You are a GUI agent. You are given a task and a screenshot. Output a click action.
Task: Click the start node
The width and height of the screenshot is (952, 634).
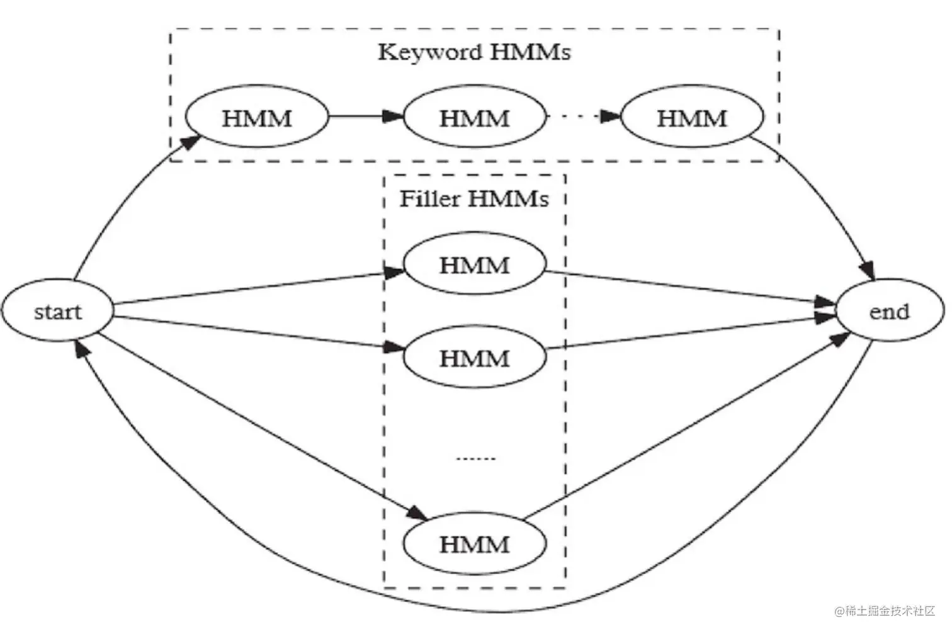click(x=58, y=312)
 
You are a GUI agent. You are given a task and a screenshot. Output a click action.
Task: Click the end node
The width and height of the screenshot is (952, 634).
click(x=890, y=312)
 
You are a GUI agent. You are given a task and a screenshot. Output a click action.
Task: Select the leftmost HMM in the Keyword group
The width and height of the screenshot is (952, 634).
click(x=257, y=118)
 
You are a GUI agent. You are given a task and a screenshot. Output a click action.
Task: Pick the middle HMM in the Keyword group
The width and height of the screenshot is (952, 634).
click(x=474, y=118)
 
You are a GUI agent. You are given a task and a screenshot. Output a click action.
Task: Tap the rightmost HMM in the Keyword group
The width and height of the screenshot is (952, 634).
click(x=692, y=118)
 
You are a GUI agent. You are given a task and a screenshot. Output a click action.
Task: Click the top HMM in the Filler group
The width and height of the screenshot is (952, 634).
click(x=474, y=264)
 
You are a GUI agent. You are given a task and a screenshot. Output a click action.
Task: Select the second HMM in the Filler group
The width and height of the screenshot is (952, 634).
click(x=474, y=358)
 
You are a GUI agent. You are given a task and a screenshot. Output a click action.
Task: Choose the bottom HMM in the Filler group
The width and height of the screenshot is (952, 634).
click(x=474, y=543)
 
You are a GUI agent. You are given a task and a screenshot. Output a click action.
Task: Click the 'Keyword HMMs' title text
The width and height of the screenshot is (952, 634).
click(x=474, y=52)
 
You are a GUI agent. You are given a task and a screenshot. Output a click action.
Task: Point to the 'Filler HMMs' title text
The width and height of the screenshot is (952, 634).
click(x=474, y=199)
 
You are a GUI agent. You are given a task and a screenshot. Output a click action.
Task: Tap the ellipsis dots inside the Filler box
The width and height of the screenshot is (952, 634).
click(x=475, y=458)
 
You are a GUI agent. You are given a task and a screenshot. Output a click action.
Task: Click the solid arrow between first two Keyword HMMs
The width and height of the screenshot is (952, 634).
click(x=365, y=116)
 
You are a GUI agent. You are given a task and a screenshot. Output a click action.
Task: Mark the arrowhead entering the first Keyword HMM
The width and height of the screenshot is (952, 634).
click(x=191, y=140)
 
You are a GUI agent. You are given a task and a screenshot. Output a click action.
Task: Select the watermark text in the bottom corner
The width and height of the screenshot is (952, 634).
click(x=885, y=611)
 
